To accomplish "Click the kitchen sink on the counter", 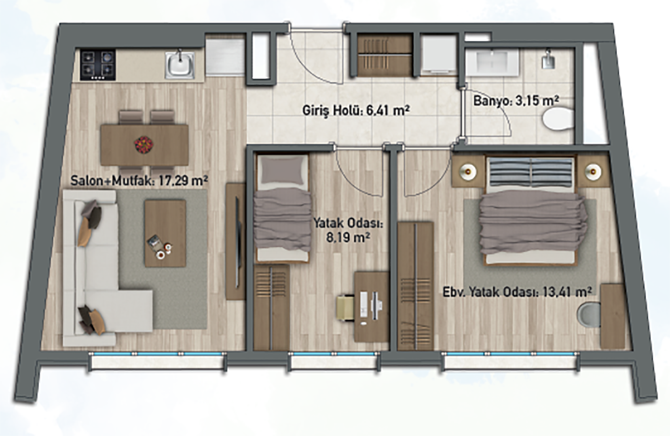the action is click(180, 65).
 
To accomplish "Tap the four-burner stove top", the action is click(98, 65).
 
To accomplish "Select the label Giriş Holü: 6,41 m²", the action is click(356, 111).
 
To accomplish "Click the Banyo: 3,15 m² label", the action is click(516, 101).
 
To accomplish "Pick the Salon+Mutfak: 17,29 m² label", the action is click(139, 181).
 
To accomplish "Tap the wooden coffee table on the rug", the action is click(165, 233).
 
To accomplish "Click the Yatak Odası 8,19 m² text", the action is click(348, 230).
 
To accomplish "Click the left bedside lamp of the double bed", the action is click(468, 171).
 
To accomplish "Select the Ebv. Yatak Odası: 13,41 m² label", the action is click(517, 292).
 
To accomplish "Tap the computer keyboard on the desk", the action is click(363, 305).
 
